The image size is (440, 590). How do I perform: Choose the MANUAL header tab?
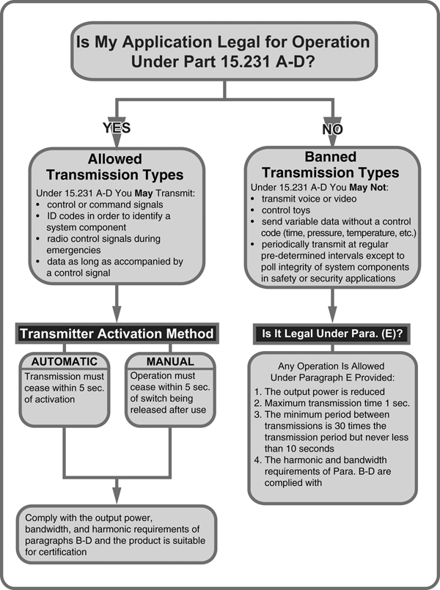pos(170,361)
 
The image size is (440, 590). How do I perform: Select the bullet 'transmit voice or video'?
pos(305,198)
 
